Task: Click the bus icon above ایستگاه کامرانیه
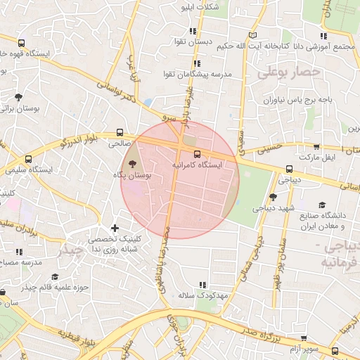(197, 154)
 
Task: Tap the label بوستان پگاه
(132, 174)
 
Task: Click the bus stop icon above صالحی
(120, 132)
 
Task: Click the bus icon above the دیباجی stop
(289, 169)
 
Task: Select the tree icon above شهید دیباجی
(273, 198)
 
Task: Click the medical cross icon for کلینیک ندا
(115, 228)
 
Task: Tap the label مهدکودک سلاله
(204, 296)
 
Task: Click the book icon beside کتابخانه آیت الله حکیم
(253, 35)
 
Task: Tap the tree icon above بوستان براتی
(18, 97)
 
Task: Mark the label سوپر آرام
(307, 349)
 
